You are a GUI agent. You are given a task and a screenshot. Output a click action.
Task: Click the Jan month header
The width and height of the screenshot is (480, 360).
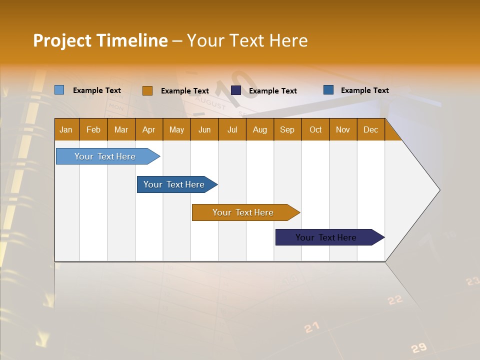(66, 130)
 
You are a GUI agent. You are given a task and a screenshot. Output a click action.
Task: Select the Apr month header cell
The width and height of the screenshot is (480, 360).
(149, 130)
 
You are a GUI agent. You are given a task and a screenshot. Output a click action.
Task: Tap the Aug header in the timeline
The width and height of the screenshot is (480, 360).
(259, 130)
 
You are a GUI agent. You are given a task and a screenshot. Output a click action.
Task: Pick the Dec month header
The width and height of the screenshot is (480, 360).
(370, 130)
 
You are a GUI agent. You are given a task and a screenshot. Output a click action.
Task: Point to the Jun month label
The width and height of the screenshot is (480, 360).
(204, 130)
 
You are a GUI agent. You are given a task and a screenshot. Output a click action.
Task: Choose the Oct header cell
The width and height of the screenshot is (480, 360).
(315, 130)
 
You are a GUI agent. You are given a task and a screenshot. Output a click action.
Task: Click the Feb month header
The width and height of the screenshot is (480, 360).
(93, 130)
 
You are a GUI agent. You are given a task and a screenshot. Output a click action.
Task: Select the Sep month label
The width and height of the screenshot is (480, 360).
(287, 130)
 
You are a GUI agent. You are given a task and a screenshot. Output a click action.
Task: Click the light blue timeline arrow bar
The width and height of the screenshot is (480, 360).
(105, 156)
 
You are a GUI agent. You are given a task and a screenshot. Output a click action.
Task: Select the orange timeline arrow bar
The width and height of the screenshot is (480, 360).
(243, 212)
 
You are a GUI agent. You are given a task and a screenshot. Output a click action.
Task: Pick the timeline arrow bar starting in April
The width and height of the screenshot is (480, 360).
(174, 184)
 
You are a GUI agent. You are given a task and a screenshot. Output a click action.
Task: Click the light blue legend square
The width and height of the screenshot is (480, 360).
(59, 90)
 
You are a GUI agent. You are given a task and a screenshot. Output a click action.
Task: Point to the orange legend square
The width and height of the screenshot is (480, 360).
(147, 90)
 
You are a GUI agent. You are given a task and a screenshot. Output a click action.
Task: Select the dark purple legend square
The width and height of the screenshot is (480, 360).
(236, 90)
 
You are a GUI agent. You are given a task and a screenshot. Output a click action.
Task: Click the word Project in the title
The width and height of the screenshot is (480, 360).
(62, 40)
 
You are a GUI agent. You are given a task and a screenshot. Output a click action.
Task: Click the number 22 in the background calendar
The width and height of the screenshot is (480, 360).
(395, 300)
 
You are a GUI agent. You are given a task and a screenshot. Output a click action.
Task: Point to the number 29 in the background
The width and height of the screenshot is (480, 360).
(419, 348)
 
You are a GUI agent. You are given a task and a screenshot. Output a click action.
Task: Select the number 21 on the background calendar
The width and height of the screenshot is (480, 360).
(311, 328)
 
